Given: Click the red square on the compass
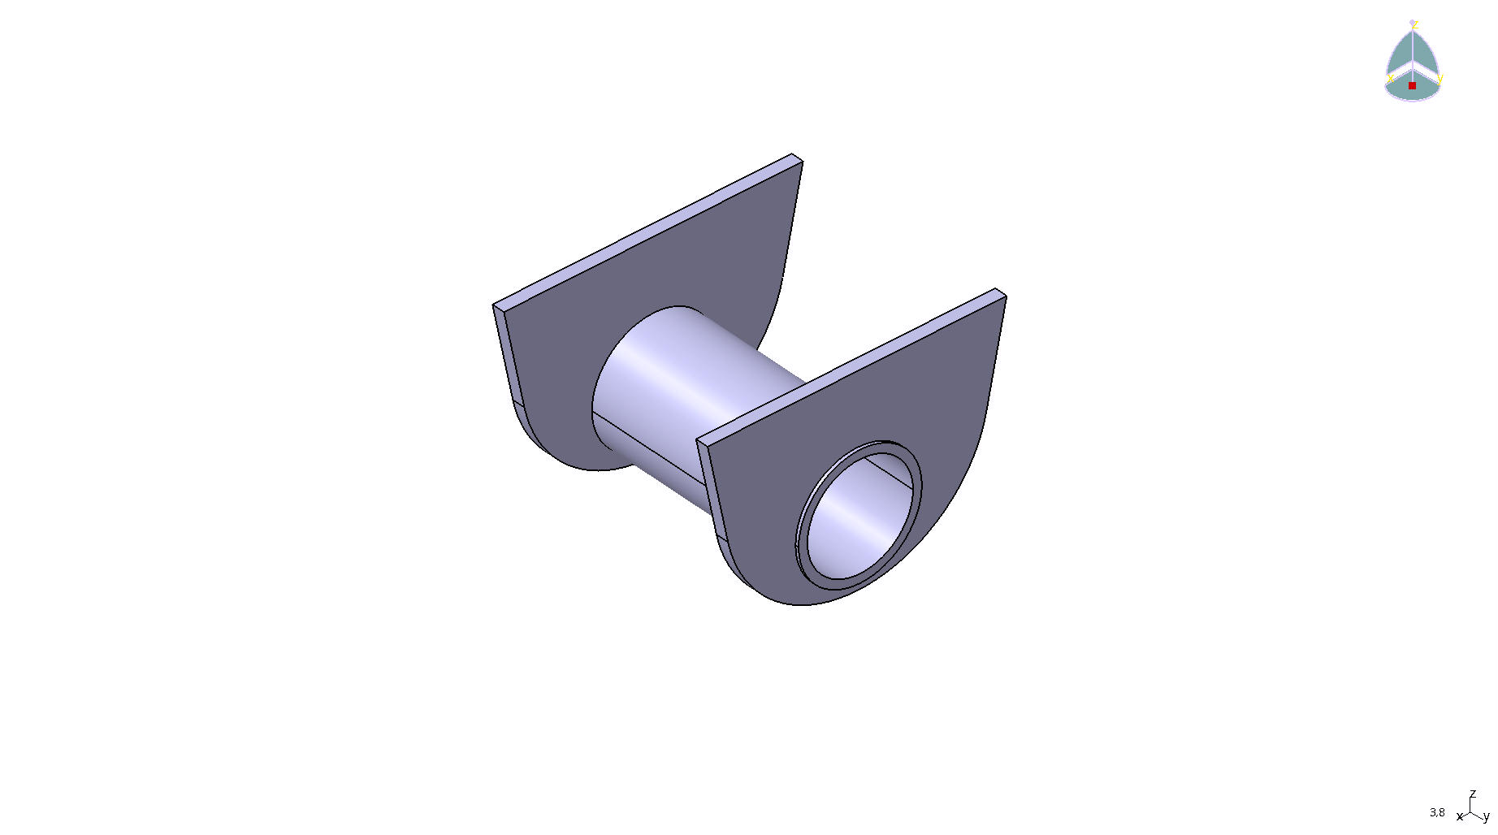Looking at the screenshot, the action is (x=1412, y=85).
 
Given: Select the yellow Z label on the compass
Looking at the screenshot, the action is (x=1414, y=24).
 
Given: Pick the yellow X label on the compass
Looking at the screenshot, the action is (x=1390, y=79).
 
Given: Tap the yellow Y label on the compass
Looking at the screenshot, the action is (x=1440, y=79).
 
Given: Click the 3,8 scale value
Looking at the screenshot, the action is (x=1437, y=812).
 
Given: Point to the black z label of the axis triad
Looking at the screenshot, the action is (x=1472, y=794).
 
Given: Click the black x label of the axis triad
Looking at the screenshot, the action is (x=1460, y=816).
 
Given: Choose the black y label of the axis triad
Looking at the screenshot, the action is (x=1487, y=817).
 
